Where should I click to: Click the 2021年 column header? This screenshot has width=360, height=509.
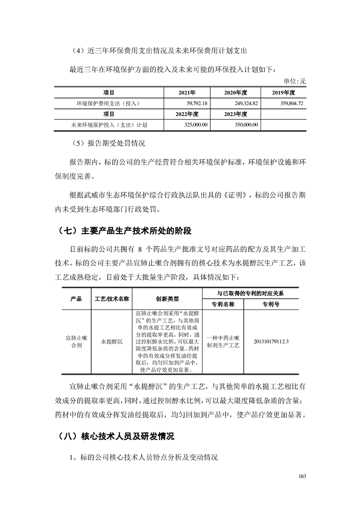187,93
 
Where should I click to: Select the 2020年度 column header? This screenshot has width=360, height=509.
235,93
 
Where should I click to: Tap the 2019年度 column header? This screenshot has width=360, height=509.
284,93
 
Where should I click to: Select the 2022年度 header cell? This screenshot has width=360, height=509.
187,114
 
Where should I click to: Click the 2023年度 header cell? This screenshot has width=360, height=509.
235,114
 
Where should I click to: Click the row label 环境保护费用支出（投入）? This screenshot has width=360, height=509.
108,103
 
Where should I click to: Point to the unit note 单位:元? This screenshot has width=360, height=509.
295,81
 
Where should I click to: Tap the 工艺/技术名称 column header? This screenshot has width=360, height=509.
112,299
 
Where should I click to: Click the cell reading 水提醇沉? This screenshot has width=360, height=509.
112,341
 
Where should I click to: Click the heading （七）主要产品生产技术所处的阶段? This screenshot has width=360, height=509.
125,231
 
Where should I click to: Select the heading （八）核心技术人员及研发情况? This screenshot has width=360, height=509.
116,437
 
